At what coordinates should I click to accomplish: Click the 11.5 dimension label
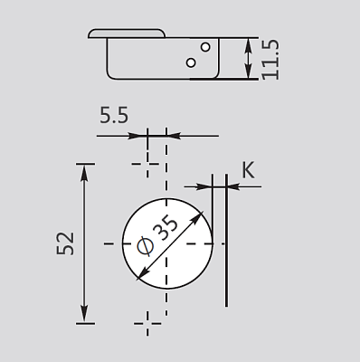270,60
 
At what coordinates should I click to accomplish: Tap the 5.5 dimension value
114,115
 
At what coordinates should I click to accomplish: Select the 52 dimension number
65,243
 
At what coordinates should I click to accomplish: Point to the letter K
249,170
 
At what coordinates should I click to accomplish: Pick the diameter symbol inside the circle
145,246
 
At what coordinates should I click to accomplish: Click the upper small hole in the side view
205,47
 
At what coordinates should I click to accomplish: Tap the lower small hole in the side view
191,62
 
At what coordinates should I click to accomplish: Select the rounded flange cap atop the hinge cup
127,33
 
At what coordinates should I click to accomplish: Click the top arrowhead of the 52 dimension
84,173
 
